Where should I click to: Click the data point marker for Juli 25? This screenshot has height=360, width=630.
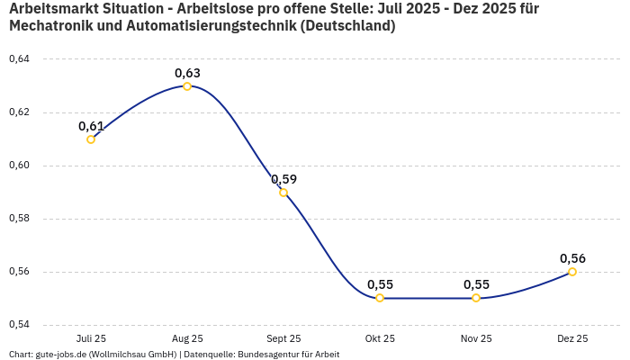point(91,139)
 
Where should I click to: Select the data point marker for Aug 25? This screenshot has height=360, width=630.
point(187,86)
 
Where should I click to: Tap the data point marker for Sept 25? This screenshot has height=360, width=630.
point(283,193)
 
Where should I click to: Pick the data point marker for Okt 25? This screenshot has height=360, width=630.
point(380,298)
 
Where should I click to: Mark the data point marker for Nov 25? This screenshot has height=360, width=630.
point(476,298)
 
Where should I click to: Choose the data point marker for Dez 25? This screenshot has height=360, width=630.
point(572,272)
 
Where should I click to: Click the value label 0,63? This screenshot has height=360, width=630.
point(187,73)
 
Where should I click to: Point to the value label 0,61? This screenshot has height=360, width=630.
point(91,126)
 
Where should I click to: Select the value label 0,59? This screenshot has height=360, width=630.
point(283,179)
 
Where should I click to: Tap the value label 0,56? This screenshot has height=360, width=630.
point(572,258)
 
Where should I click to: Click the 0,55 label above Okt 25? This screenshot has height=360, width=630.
point(380,284)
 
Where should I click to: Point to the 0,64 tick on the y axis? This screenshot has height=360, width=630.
point(19,59)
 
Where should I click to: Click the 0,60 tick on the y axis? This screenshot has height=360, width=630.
point(19,166)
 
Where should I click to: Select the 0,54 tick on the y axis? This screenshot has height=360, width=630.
point(19,325)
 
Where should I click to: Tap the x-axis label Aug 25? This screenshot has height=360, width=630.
point(187,338)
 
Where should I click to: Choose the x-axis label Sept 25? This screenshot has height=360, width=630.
point(283,338)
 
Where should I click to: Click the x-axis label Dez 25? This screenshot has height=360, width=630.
point(572,338)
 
